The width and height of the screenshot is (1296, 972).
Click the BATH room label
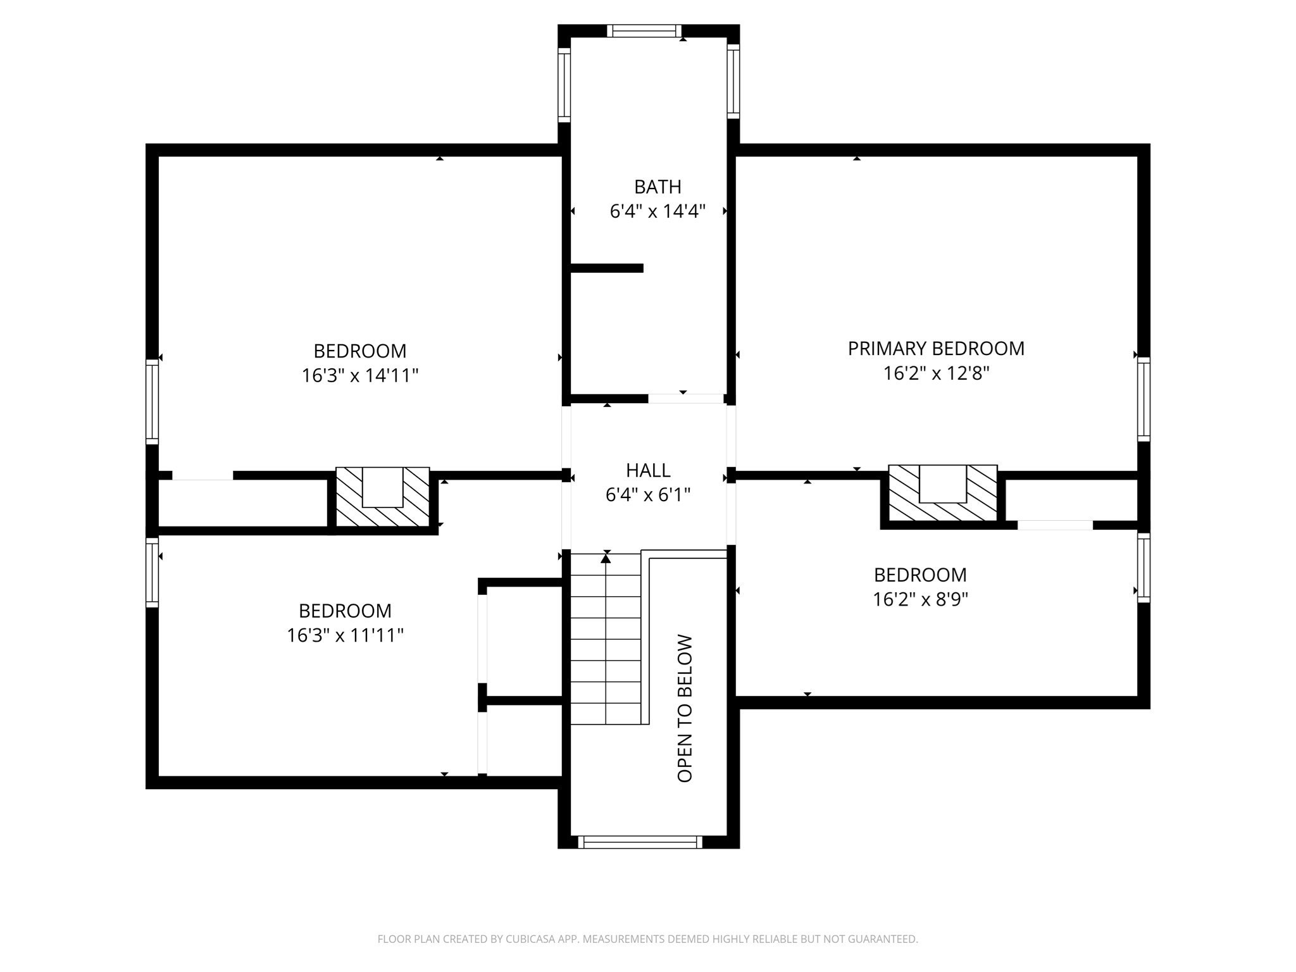pos(657,187)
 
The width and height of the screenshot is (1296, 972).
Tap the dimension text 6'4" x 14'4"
pos(657,211)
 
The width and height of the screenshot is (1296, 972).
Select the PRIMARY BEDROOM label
pos(935,349)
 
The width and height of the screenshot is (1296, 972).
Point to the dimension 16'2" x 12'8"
pos(935,373)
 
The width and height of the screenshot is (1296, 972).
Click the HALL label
pos(648,470)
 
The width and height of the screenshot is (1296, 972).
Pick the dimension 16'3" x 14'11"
pos(360,376)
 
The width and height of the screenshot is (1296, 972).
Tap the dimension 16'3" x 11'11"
pos(345,635)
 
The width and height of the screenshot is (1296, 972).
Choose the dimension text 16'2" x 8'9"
pos(920,599)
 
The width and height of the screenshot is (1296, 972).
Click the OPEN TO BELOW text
pos(685,708)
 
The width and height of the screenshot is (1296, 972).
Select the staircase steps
pos(606,639)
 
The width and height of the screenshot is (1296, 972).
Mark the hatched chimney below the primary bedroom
pos(942,494)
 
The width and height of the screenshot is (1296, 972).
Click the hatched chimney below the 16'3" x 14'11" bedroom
pos(382,497)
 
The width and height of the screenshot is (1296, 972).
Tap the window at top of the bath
pos(644,30)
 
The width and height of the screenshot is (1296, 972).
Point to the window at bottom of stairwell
pos(640,842)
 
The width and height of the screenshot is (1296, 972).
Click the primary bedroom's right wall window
pos(1143,399)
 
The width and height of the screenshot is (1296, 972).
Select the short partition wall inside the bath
pos(606,268)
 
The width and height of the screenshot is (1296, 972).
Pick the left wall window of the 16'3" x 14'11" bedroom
pos(152,401)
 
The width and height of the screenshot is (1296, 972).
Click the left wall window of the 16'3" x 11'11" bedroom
pos(152,572)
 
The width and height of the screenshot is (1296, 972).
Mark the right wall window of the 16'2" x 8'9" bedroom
pos(1143,568)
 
